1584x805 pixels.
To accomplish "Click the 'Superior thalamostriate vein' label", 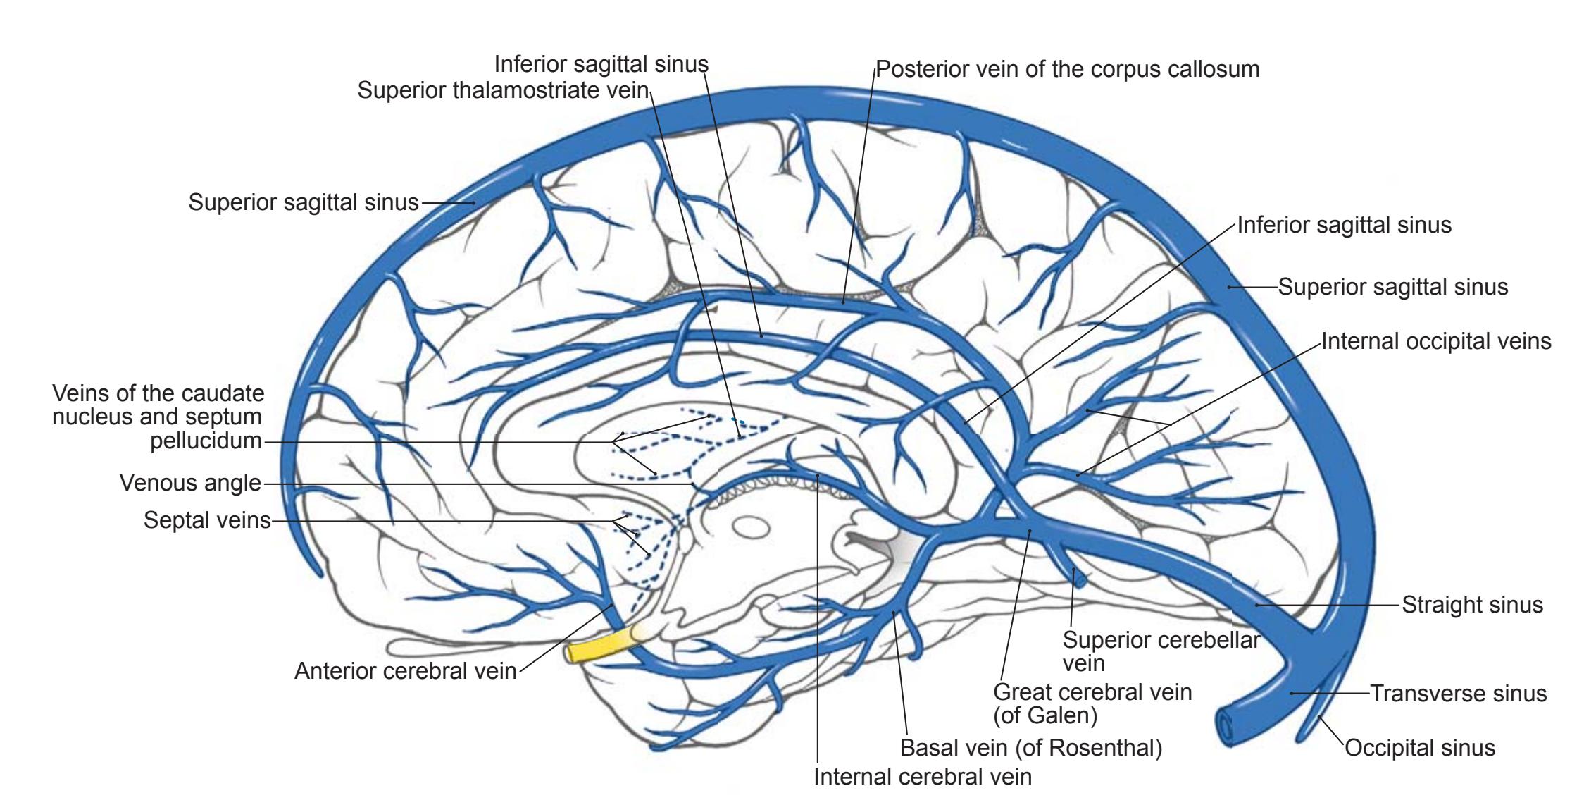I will coord(502,90).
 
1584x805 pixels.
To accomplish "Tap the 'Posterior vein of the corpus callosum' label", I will coord(1067,69).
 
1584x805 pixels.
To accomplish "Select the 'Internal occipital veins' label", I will coord(1435,341).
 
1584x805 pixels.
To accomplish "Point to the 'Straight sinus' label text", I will coord(1472,605).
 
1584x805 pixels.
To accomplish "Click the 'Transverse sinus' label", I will coord(1458,694).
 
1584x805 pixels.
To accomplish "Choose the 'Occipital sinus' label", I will coord(1419,747).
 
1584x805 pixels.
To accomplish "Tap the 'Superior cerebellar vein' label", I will coord(1161,651).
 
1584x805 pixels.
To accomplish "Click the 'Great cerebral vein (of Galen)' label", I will coord(1092,703).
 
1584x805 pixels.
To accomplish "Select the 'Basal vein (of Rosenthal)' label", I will coord(1031,747).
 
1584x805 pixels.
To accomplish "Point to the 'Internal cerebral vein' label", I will coord(922,777).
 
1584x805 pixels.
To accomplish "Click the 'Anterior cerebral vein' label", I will coord(405,670).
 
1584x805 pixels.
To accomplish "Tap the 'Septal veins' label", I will coord(207,520).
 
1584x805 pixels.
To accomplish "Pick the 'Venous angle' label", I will coord(190,483).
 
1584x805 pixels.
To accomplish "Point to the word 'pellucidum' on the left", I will coord(206,441).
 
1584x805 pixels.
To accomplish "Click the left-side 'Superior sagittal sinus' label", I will coord(304,202).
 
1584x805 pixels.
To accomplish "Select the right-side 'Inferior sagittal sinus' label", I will coord(1344,225).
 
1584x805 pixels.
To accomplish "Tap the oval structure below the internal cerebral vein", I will coord(750,526).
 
